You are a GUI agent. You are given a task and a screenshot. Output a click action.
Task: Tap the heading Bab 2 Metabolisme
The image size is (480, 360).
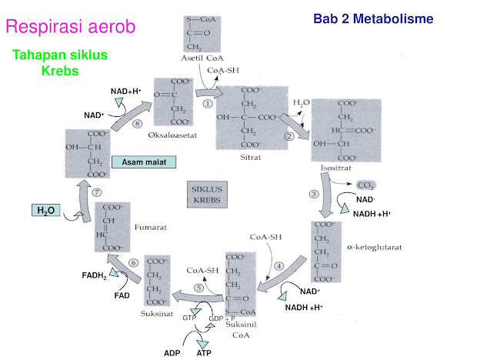[x=373, y=18]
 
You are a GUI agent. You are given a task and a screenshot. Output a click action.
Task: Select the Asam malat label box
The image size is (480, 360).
[x=144, y=162]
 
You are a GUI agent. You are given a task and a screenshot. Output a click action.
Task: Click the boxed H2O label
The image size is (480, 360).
[x=45, y=210]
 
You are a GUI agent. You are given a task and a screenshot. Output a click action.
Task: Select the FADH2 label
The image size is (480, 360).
[x=95, y=275]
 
